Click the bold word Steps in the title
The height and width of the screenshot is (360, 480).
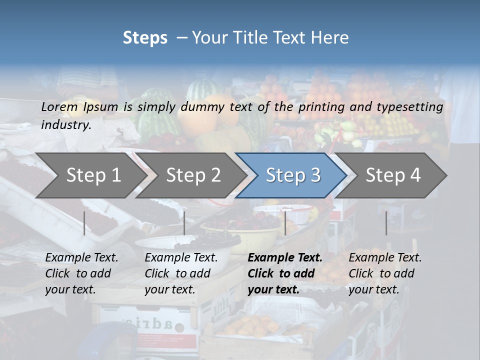coord(145,38)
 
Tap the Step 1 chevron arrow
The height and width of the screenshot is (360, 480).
coord(93,175)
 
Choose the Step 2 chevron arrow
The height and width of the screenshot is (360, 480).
coord(193,175)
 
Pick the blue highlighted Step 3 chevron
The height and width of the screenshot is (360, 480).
coord(293,175)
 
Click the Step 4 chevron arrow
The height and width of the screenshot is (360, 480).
coord(393,175)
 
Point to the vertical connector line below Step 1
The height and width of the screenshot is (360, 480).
coord(84,223)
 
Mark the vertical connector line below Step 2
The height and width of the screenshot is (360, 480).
coord(184,223)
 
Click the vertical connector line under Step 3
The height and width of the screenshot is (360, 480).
coord(285,223)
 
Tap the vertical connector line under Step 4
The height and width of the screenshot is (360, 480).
coord(386,223)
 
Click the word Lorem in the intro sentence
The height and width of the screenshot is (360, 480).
coord(59,106)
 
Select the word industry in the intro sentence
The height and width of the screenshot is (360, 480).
coord(65,124)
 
